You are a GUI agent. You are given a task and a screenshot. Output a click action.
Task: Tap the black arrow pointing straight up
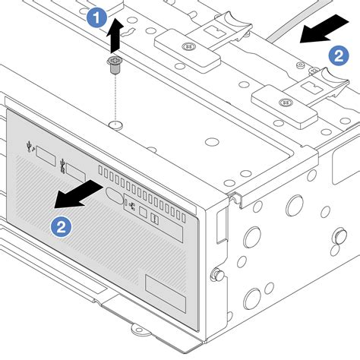(x=115, y=32)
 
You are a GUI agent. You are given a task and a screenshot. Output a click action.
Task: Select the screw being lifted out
(x=115, y=68)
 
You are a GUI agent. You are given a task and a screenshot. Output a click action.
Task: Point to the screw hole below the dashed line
(x=114, y=123)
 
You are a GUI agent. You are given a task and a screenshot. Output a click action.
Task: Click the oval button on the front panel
(x=114, y=197)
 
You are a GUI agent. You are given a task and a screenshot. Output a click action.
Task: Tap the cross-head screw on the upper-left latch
(x=185, y=45)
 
